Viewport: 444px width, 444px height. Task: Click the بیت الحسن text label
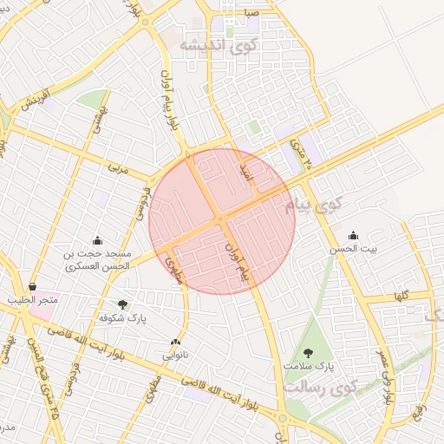(x=353, y=249)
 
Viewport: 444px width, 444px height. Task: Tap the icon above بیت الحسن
(x=353, y=235)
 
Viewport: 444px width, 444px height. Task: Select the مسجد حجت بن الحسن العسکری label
(x=97, y=259)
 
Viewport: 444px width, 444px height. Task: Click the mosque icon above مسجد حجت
(x=97, y=240)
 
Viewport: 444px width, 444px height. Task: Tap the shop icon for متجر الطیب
(x=32, y=286)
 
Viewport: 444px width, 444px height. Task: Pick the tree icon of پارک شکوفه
(x=122, y=304)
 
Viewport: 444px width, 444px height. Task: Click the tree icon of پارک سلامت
(x=308, y=352)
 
